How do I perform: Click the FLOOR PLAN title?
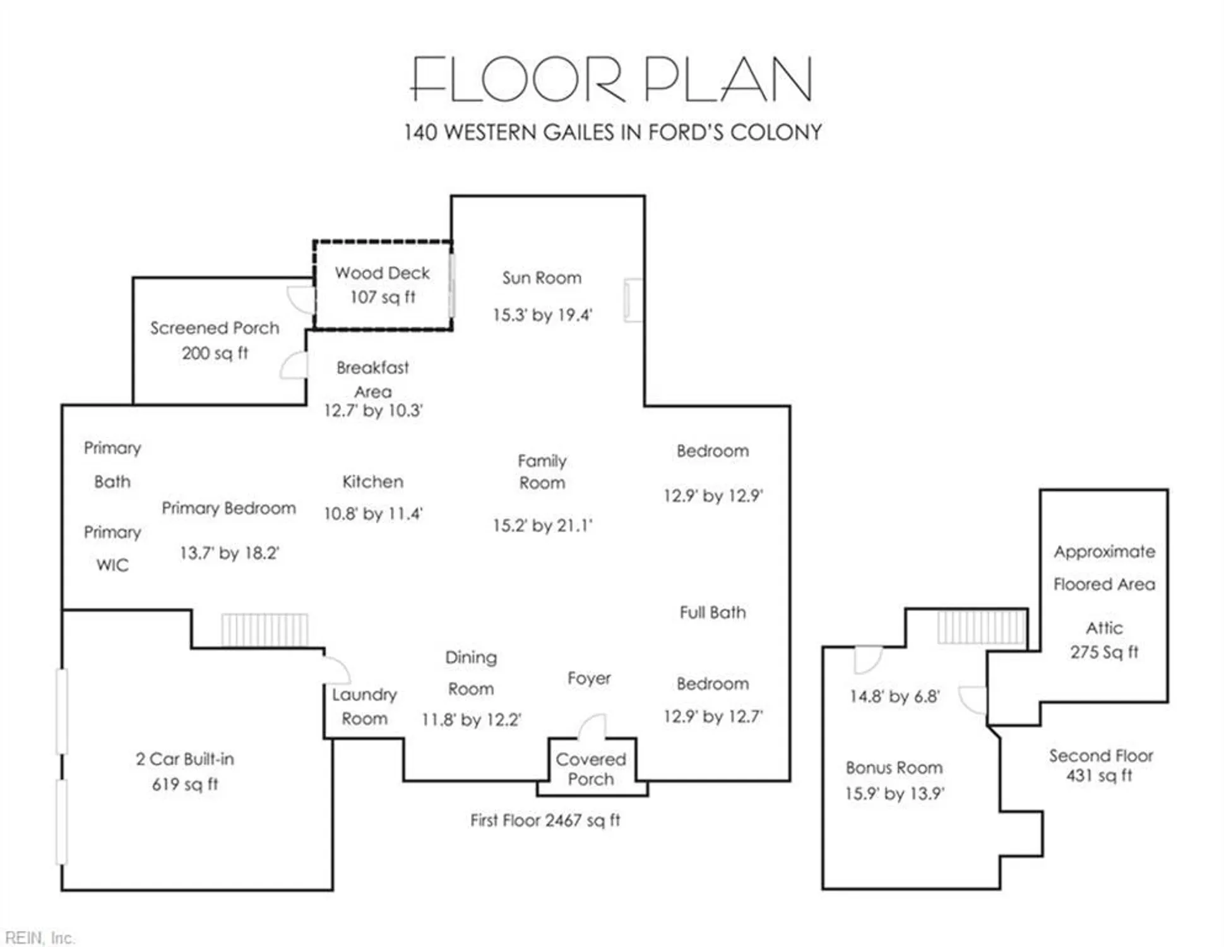pyautogui.click(x=612, y=79)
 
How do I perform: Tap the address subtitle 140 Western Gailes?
pyautogui.click(x=612, y=133)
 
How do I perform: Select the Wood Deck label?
pyautogui.click(x=382, y=273)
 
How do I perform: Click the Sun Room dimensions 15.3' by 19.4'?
pyautogui.click(x=542, y=314)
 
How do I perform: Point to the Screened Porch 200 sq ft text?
pyautogui.click(x=215, y=354)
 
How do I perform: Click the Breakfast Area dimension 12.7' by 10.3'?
pyautogui.click(x=373, y=411)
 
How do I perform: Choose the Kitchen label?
pyautogui.click(x=372, y=482)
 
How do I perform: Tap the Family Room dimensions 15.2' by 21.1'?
pyautogui.click(x=542, y=525)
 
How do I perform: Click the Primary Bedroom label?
pyautogui.click(x=229, y=509)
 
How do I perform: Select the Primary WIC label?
pyautogui.click(x=112, y=549)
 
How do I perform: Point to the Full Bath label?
pyautogui.click(x=713, y=612)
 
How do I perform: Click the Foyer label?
pyautogui.click(x=589, y=679)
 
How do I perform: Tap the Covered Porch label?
pyautogui.click(x=591, y=769)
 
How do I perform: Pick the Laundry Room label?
pyautogui.click(x=364, y=707)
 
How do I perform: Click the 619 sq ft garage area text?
pyautogui.click(x=185, y=785)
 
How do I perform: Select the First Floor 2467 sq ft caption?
pyautogui.click(x=545, y=821)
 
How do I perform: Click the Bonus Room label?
pyautogui.click(x=894, y=768)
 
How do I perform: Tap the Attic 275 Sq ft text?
pyautogui.click(x=1104, y=640)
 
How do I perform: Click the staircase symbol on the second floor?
pyautogui.click(x=981, y=627)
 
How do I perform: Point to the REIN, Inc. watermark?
pyautogui.click(x=40, y=938)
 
